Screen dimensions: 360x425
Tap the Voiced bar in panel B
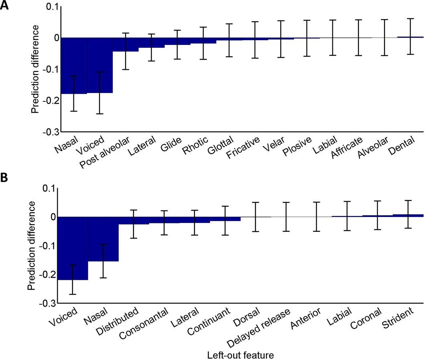click(73, 248)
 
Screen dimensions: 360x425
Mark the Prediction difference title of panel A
click(35, 69)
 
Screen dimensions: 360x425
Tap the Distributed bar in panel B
click(134, 220)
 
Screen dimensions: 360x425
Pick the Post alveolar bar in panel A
click(125, 44)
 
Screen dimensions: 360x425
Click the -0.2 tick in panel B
click(50, 275)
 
